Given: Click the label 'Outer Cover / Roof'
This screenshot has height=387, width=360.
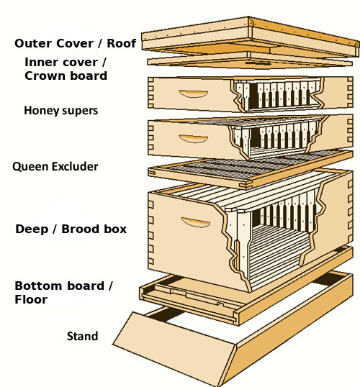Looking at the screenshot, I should click(x=74, y=43).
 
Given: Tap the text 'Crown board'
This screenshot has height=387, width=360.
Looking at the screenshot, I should click(x=66, y=76).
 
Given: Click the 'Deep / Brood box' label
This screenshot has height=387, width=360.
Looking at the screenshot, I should click(x=71, y=229).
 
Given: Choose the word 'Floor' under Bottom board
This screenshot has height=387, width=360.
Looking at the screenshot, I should click(x=31, y=299).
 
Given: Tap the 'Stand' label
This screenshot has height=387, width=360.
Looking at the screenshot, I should click(x=82, y=336).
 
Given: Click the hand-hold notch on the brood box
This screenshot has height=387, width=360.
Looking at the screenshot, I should click(x=195, y=223).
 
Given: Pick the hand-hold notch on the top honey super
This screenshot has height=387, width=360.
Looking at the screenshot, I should click(x=192, y=94).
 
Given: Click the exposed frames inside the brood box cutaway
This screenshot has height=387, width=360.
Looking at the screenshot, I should click(x=281, y=230).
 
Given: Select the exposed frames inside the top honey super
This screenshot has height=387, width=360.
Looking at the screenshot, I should click(x=281, y=97).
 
